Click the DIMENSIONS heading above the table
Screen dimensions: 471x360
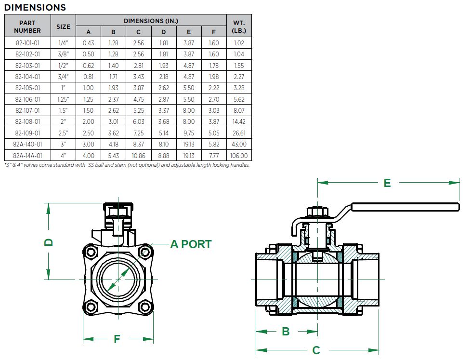[35, 7]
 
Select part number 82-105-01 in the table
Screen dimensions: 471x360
[27, 88]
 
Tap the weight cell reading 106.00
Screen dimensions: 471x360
[239, 156]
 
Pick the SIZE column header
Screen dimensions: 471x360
[63, 27]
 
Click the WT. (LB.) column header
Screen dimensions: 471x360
[239, 27]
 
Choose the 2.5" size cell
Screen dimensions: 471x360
[63, 133]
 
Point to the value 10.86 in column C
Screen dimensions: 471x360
[139, 156]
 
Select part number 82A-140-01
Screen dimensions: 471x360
[27, 144]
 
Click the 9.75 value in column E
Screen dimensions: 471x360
[189, 133]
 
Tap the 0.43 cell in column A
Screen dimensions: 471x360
[88, 43]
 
